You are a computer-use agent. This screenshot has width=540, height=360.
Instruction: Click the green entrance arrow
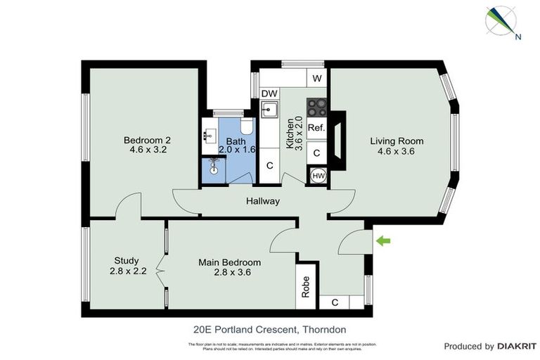pyautogui.click(x=382, y=242)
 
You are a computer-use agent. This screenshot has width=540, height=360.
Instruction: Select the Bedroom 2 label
pyautogui.click(x=147, y=139)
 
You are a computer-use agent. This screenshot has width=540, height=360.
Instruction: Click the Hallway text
pyautogui.click(x=263, y=202)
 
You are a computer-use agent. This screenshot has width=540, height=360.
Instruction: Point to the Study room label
pyautogui.click(x=127, y=260)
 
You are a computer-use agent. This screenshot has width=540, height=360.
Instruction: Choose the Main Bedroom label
pyautogui.click(x=225, y=262)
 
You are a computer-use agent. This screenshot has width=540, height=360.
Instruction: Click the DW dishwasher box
pyautogui.click(x=269, y=94)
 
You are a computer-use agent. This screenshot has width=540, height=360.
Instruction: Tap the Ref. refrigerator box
pyautogui.click(x=316, y=128)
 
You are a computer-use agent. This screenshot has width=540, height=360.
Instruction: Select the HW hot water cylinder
pyautogui.click(x=317, y=176)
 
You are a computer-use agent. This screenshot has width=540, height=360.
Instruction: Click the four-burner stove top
pyautogui.click(x=316, y=106)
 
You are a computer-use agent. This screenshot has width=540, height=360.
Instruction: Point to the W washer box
pyautogui.click(x=317, y=78)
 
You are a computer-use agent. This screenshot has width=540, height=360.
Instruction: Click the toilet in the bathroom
pyautogui.click(x=245, y=126)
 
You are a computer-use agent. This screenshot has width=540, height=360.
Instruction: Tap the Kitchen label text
pyautogui.click(x=290, y=134)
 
